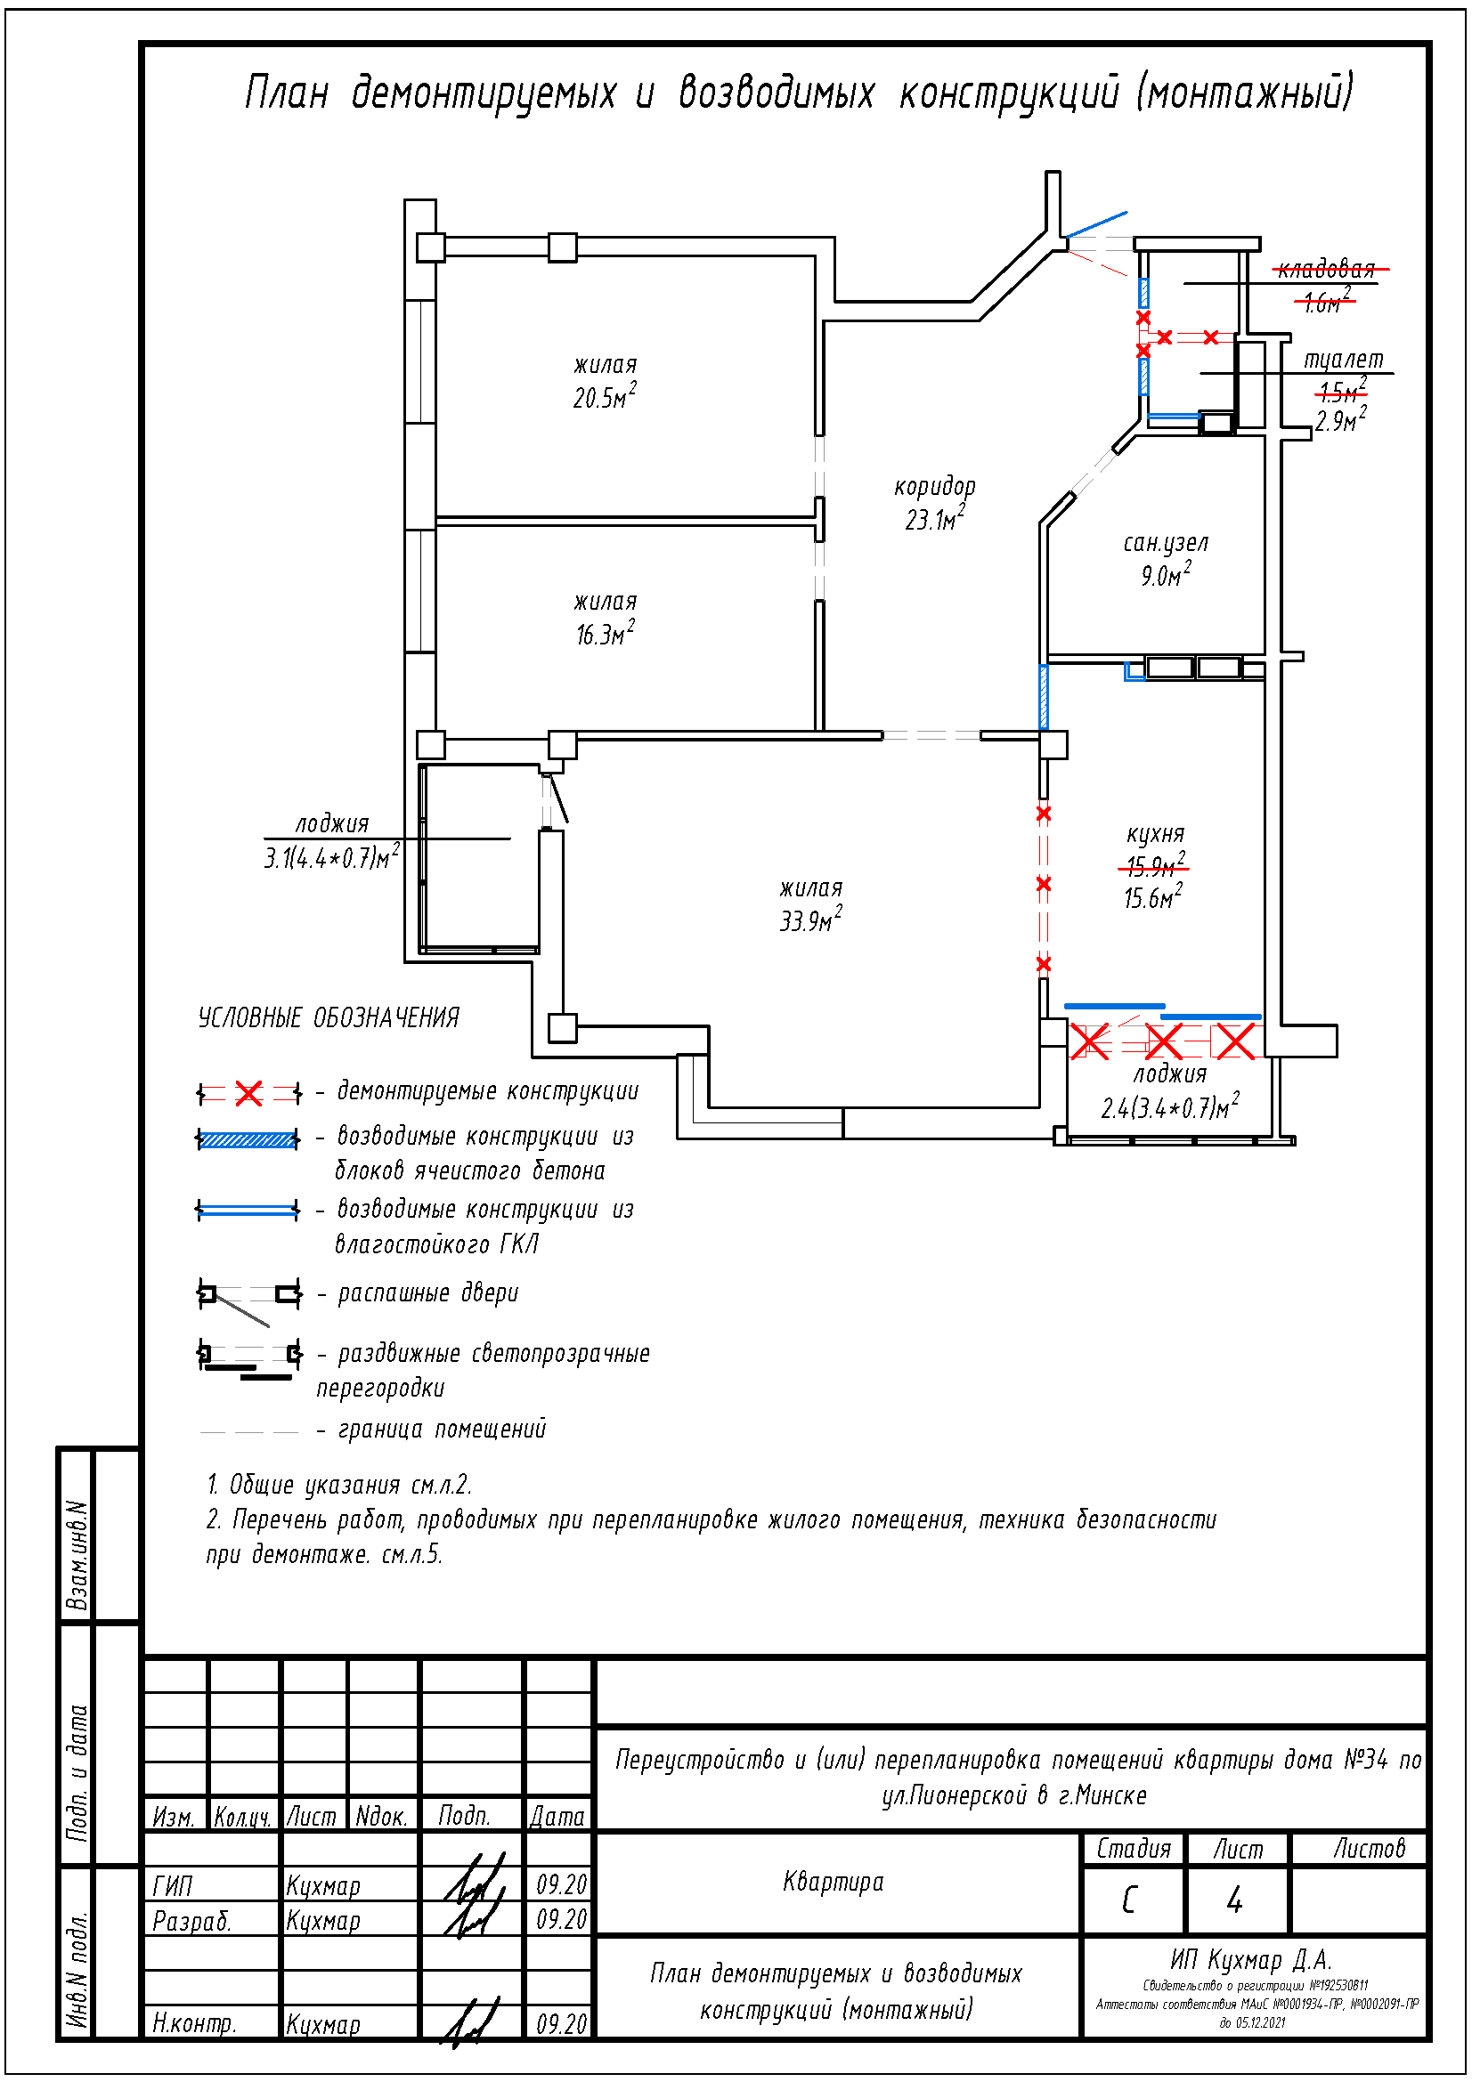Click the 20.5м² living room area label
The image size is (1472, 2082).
click(x=603, y=397)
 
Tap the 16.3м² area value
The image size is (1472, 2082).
click(x=604, y=634)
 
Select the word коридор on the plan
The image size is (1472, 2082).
click(x=934, y=487)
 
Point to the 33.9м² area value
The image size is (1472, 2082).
click(x=810, y=920)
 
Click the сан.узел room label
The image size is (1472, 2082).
click(x=1166, y=543)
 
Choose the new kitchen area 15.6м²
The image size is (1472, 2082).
click(x=1151, y=898)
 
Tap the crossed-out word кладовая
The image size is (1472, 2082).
click(x=1326, y=269)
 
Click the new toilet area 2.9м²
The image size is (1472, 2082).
click(x=1339, y=421)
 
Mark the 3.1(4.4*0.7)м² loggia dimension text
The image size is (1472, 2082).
click(x=331, y=857)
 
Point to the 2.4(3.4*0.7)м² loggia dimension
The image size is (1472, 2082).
click(x=1169, y=1107)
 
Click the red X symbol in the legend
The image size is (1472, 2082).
click(x=248, y=1093)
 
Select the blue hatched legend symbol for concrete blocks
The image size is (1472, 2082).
click(x=248, y=1140)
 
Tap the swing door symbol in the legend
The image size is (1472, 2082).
click(x=248, y=1298)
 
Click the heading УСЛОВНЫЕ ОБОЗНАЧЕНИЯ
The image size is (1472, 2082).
click(x=329, y=1018)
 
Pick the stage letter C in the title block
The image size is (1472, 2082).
click(x=1129, y=1900)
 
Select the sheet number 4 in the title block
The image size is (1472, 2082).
click(x=1234, y=1900)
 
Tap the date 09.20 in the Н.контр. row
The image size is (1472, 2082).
click(x=561, y=2024)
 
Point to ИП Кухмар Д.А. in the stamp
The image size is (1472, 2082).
click(x=1249, y=1959)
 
